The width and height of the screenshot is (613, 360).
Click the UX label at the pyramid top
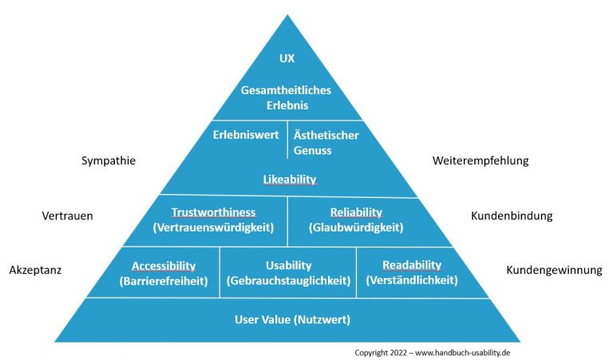coord(287,58)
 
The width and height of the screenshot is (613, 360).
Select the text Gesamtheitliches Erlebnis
coord(287,97)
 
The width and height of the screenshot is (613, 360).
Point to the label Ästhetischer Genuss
coord(325,142)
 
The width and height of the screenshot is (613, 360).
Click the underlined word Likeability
coord(290,180)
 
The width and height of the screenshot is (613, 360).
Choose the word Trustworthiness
coord(213,212)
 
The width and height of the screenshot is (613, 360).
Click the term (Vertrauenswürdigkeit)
coord(213,227)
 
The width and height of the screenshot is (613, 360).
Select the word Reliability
coord(356,212)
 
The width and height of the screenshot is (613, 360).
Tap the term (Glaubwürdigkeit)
coord(356,227)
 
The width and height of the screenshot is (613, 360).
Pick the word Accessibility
coord(164,266)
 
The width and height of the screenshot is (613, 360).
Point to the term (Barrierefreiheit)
coord(164,281)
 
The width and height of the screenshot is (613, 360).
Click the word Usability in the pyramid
coord(288,266)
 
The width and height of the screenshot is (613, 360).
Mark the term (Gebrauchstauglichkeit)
coord(288,281)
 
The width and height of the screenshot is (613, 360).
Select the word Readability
coord(412,266)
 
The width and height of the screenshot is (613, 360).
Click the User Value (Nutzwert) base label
coord(293,320)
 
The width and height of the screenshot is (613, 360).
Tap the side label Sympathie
coord(109,161)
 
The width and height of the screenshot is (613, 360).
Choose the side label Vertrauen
coord(67,216)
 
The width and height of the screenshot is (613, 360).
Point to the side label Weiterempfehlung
coord(481,161)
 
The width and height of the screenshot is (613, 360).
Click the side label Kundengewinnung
coord(554,271)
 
